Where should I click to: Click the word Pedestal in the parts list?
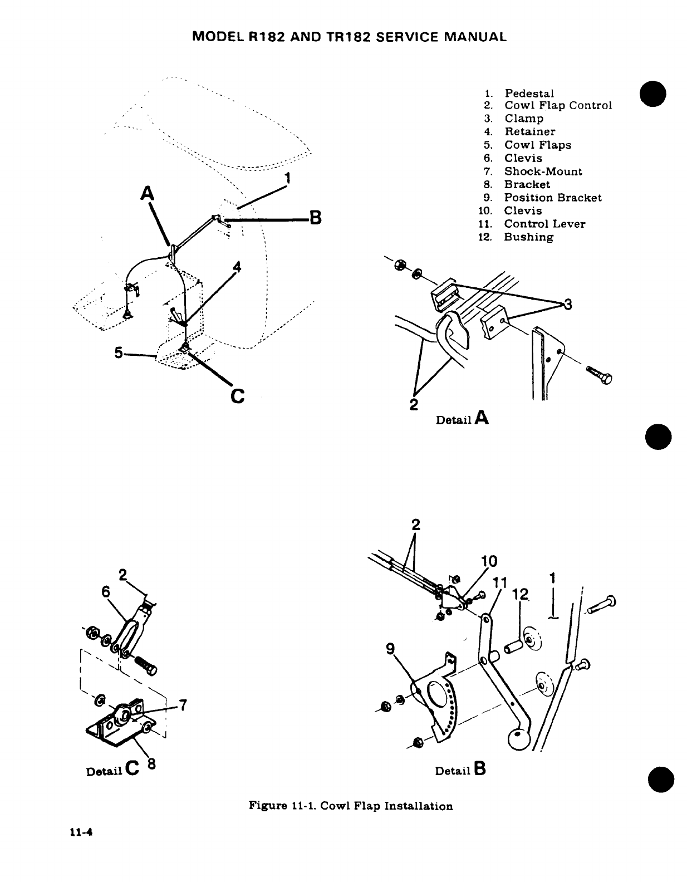click(x=529, y=93)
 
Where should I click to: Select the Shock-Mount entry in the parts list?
click(x=543, y=171)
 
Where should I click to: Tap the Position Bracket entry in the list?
click(x=552, y=198)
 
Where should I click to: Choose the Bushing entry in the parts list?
click(x=528, y=237)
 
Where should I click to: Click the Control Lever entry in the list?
click(x=544, y=224)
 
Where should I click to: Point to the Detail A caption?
click(x=462, y=418)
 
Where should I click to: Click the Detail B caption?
click(x=461, y=771)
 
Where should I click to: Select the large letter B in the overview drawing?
click(x=315, y=218)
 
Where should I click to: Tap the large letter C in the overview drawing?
click(x=237, y=396)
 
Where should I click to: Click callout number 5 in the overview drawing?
click(x=119, y=352)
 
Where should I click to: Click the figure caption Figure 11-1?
click(x=350, y=806)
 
